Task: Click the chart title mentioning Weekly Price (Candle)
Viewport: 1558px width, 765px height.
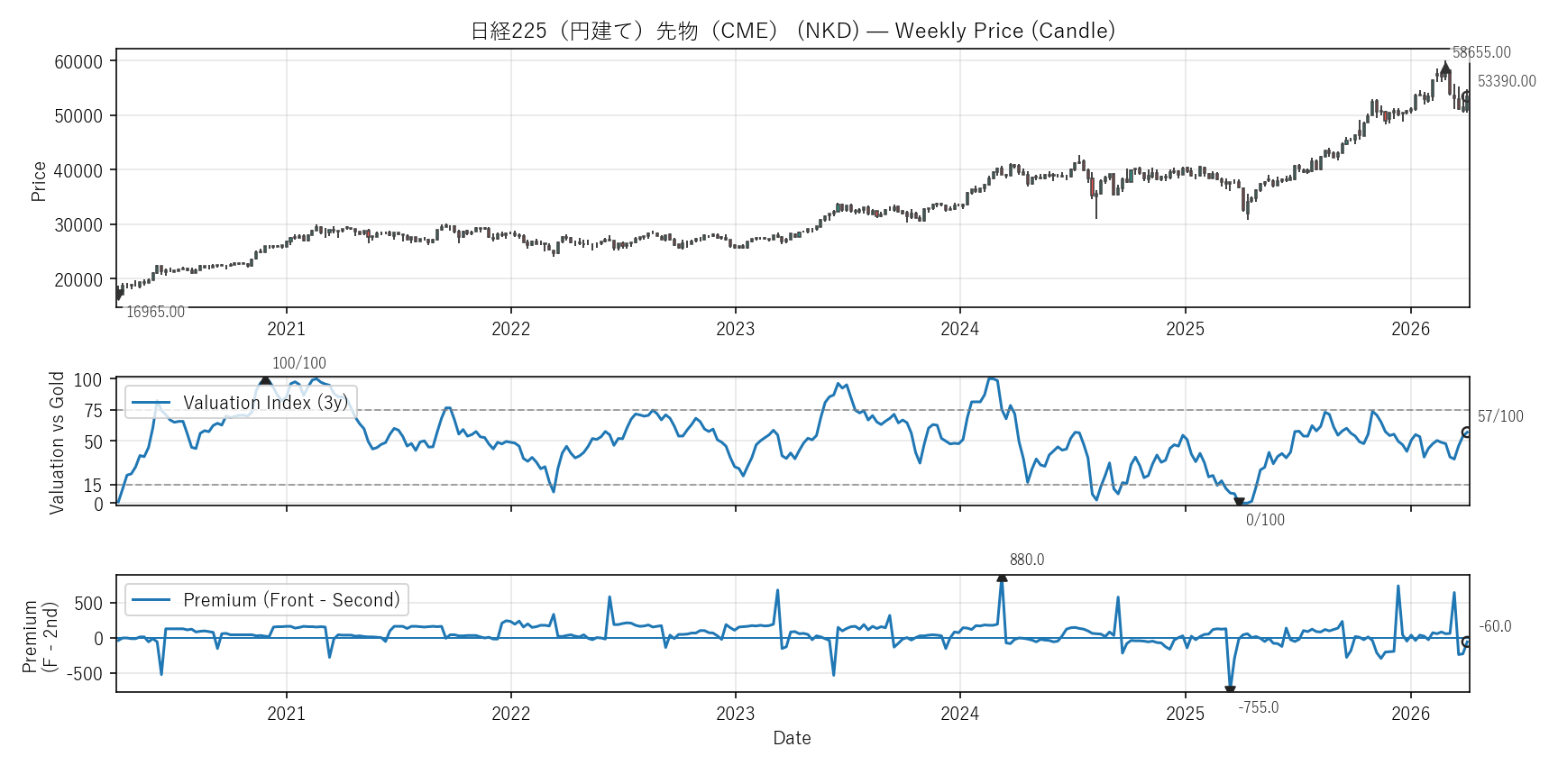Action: [x=793, y=31]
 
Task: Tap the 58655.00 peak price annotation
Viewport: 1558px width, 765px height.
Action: [x=1481, y=52]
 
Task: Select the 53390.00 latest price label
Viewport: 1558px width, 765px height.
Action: [x=1507, y=81]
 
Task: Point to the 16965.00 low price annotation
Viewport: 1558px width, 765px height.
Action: [x=155, y=312]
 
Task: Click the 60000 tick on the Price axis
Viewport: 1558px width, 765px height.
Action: [x=78, y=61]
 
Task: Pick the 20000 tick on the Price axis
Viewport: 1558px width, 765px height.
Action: [x=78, y=279]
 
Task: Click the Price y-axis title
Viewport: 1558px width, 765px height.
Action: [x=38, y=180]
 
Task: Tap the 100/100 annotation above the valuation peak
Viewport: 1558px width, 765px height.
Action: [x=299, y=363]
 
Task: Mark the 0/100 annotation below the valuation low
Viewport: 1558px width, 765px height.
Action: [x=1265, y=520]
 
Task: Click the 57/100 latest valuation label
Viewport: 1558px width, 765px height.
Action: [x=1500, y=416]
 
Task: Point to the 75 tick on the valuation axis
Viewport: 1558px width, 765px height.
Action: [x=94, y=411]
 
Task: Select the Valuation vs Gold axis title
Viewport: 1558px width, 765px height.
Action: [x=57, y=442]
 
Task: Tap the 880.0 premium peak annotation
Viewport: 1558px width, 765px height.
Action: [x=1027, y=560]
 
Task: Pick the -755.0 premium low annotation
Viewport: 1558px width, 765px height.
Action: [x=1258, y=707]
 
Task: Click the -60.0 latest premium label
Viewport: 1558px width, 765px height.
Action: [x=1495, y=626]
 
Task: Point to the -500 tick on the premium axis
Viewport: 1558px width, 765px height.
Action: [x=87, y=674]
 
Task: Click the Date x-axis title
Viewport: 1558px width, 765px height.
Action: [x=792, y=738]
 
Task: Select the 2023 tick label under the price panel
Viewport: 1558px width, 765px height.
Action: [x=735, y=329]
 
